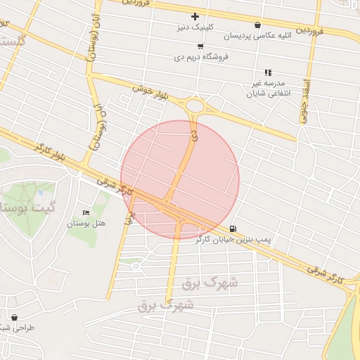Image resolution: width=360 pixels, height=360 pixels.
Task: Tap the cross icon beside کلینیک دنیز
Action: pyautogui.click(x=195, y=16)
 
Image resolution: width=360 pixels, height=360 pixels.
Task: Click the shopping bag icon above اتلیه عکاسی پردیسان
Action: pyautogui.click(x=257, y=25)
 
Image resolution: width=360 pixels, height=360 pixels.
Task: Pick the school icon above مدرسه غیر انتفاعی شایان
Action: pyautogui.click(x=267, y=72)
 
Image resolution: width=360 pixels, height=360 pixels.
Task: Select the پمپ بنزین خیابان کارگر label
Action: pyautogui.click(x=233, y=240)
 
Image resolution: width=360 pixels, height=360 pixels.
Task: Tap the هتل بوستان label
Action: pyautogui.click(x=86, y=224)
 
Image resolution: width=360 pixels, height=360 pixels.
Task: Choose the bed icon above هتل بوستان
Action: pyautogui.click(x=86, y=213)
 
